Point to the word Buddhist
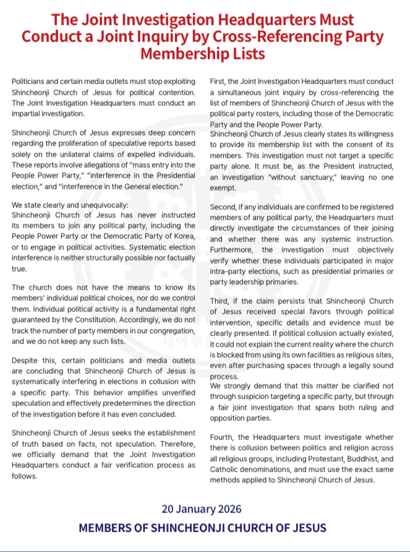point(349,459)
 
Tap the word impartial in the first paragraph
point(28,114)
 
